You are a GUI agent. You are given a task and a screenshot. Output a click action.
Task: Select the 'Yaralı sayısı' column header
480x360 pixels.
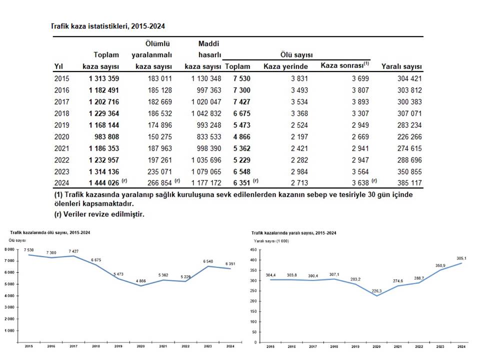pos(401,67)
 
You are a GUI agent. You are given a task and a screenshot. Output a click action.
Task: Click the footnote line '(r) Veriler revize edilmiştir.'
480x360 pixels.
pos(99,214)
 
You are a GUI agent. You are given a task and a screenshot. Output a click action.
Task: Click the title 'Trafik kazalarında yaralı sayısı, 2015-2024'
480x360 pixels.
pos(294,233)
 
